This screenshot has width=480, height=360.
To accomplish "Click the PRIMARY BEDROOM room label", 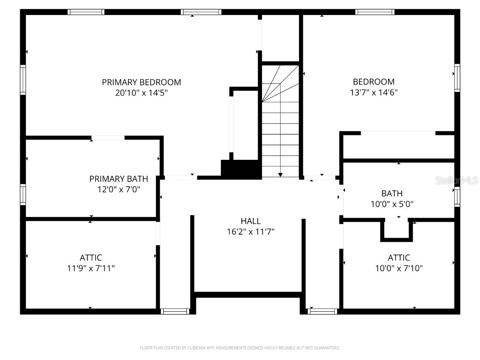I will [x=141, y=82].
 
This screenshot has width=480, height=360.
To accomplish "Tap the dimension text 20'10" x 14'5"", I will [x=141, y=93].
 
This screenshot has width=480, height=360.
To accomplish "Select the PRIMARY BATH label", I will [x=119, y=179].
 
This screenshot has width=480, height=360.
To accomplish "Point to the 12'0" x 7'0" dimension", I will [x=119, y=189].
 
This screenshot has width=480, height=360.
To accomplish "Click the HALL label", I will [x=250, y=221].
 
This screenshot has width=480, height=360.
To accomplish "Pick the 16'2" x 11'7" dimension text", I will [x=250, y=232].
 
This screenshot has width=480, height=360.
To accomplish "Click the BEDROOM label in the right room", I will [x=374, y=82].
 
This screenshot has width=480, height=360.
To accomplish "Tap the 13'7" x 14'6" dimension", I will [x=374, y=92].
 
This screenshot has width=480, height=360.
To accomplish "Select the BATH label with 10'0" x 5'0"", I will [x=392, y=193].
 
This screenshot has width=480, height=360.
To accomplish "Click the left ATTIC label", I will [x=90, y=257].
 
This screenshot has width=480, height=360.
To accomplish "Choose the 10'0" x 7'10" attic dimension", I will [x=398, y=269].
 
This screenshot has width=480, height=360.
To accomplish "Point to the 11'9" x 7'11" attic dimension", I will [x=90, y=269].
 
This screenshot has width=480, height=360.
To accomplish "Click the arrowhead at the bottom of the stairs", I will [x=280, y=174].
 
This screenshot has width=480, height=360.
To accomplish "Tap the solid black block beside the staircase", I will [x=241, y=169].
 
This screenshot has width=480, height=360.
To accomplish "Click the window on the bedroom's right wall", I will [x=457, y=78].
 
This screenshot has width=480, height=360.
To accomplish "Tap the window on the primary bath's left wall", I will [x=22, y=195].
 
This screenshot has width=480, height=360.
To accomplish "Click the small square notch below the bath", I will [x=397, y=230].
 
